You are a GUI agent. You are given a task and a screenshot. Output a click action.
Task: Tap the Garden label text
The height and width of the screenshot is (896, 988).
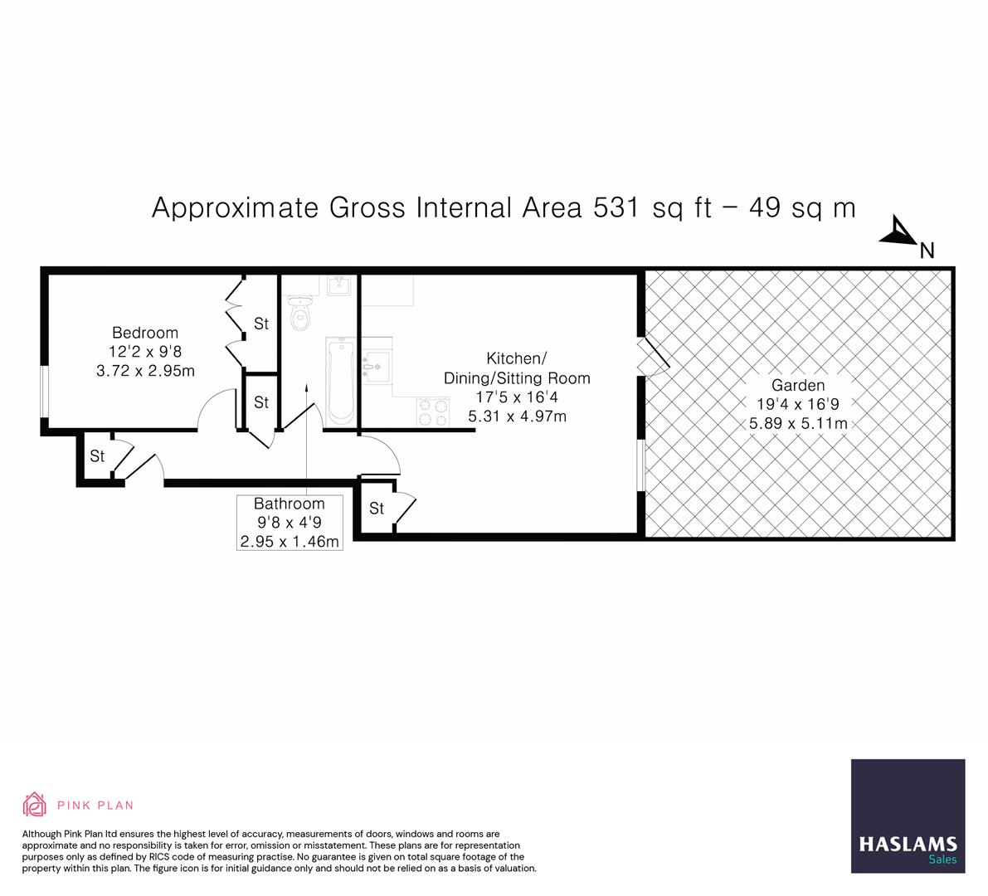[798, 385]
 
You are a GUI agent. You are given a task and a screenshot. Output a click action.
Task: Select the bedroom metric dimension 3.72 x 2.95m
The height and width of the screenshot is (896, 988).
[145, 371]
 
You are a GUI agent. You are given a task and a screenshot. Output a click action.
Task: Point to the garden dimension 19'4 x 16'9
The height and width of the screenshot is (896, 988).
[798, 405]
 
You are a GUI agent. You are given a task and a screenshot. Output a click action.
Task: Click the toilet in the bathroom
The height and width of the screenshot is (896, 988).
[299, 314]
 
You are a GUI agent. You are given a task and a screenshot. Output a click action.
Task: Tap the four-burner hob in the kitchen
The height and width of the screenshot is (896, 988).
[431, 412]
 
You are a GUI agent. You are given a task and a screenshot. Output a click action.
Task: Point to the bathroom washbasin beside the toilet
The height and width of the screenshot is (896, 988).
[339, 286]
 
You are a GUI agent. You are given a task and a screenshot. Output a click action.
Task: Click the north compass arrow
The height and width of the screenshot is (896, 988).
[898, 231]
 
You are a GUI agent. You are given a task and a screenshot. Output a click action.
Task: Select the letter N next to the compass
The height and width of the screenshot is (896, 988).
[927, 251]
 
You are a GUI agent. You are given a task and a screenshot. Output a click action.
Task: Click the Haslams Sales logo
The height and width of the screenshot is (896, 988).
[908, 816]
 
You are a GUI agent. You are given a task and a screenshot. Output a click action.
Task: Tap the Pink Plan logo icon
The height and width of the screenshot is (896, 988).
[35, 804]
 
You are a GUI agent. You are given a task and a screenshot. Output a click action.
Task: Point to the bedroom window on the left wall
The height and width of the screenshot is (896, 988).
[45, 391]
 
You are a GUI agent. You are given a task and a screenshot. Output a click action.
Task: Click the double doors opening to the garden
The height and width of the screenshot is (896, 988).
[651, 357]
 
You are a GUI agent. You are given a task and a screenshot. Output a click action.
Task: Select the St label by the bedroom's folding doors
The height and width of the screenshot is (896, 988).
[261, 324]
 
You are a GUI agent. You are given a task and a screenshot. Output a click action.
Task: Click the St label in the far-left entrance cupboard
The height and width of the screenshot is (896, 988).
[97, 456]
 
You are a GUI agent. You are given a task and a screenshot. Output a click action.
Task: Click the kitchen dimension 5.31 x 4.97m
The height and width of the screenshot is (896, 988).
[517, 416]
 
